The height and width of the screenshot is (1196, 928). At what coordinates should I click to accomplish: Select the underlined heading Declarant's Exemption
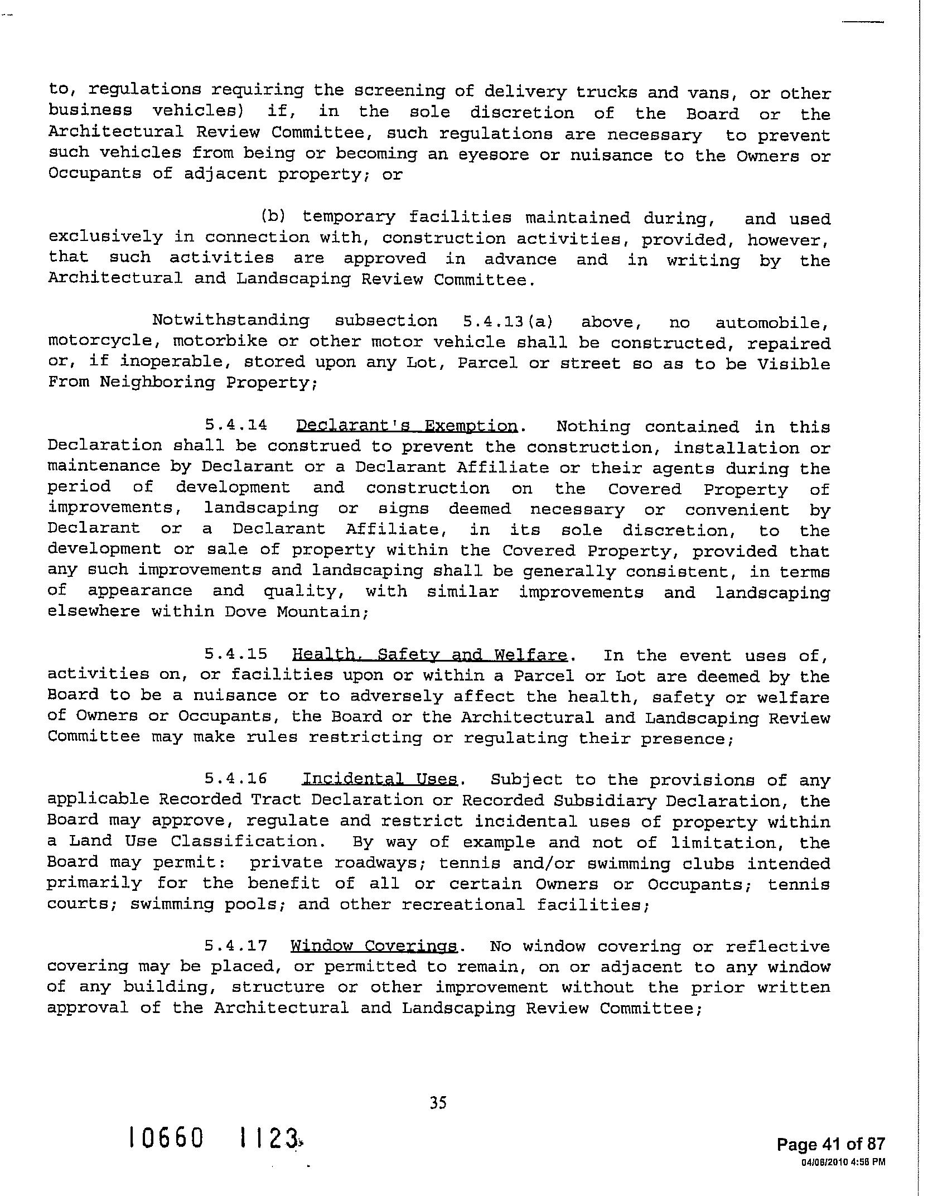[x=407, y=426]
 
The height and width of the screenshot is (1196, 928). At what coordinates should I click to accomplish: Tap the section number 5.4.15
[x=236, y=654]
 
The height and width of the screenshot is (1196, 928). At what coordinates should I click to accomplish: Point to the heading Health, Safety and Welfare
[x=429, y=655]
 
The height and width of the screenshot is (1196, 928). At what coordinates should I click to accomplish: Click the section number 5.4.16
[x=236, y=778]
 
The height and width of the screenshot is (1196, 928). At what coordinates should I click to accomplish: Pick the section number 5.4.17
[x=236, y=946]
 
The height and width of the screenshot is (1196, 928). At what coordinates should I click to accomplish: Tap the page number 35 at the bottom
[x=438, y=1102]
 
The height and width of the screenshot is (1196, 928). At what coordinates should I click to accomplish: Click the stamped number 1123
[x=269, y=1138]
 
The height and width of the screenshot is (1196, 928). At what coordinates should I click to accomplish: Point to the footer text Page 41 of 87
[x=830, y=1144]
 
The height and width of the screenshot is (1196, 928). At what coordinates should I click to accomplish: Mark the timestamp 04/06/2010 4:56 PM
[x=843, y=1162]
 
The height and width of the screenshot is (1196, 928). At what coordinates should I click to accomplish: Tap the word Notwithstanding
[x=230, y=321]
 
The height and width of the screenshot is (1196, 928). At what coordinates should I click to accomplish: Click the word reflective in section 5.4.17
[x=777, y=947]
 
